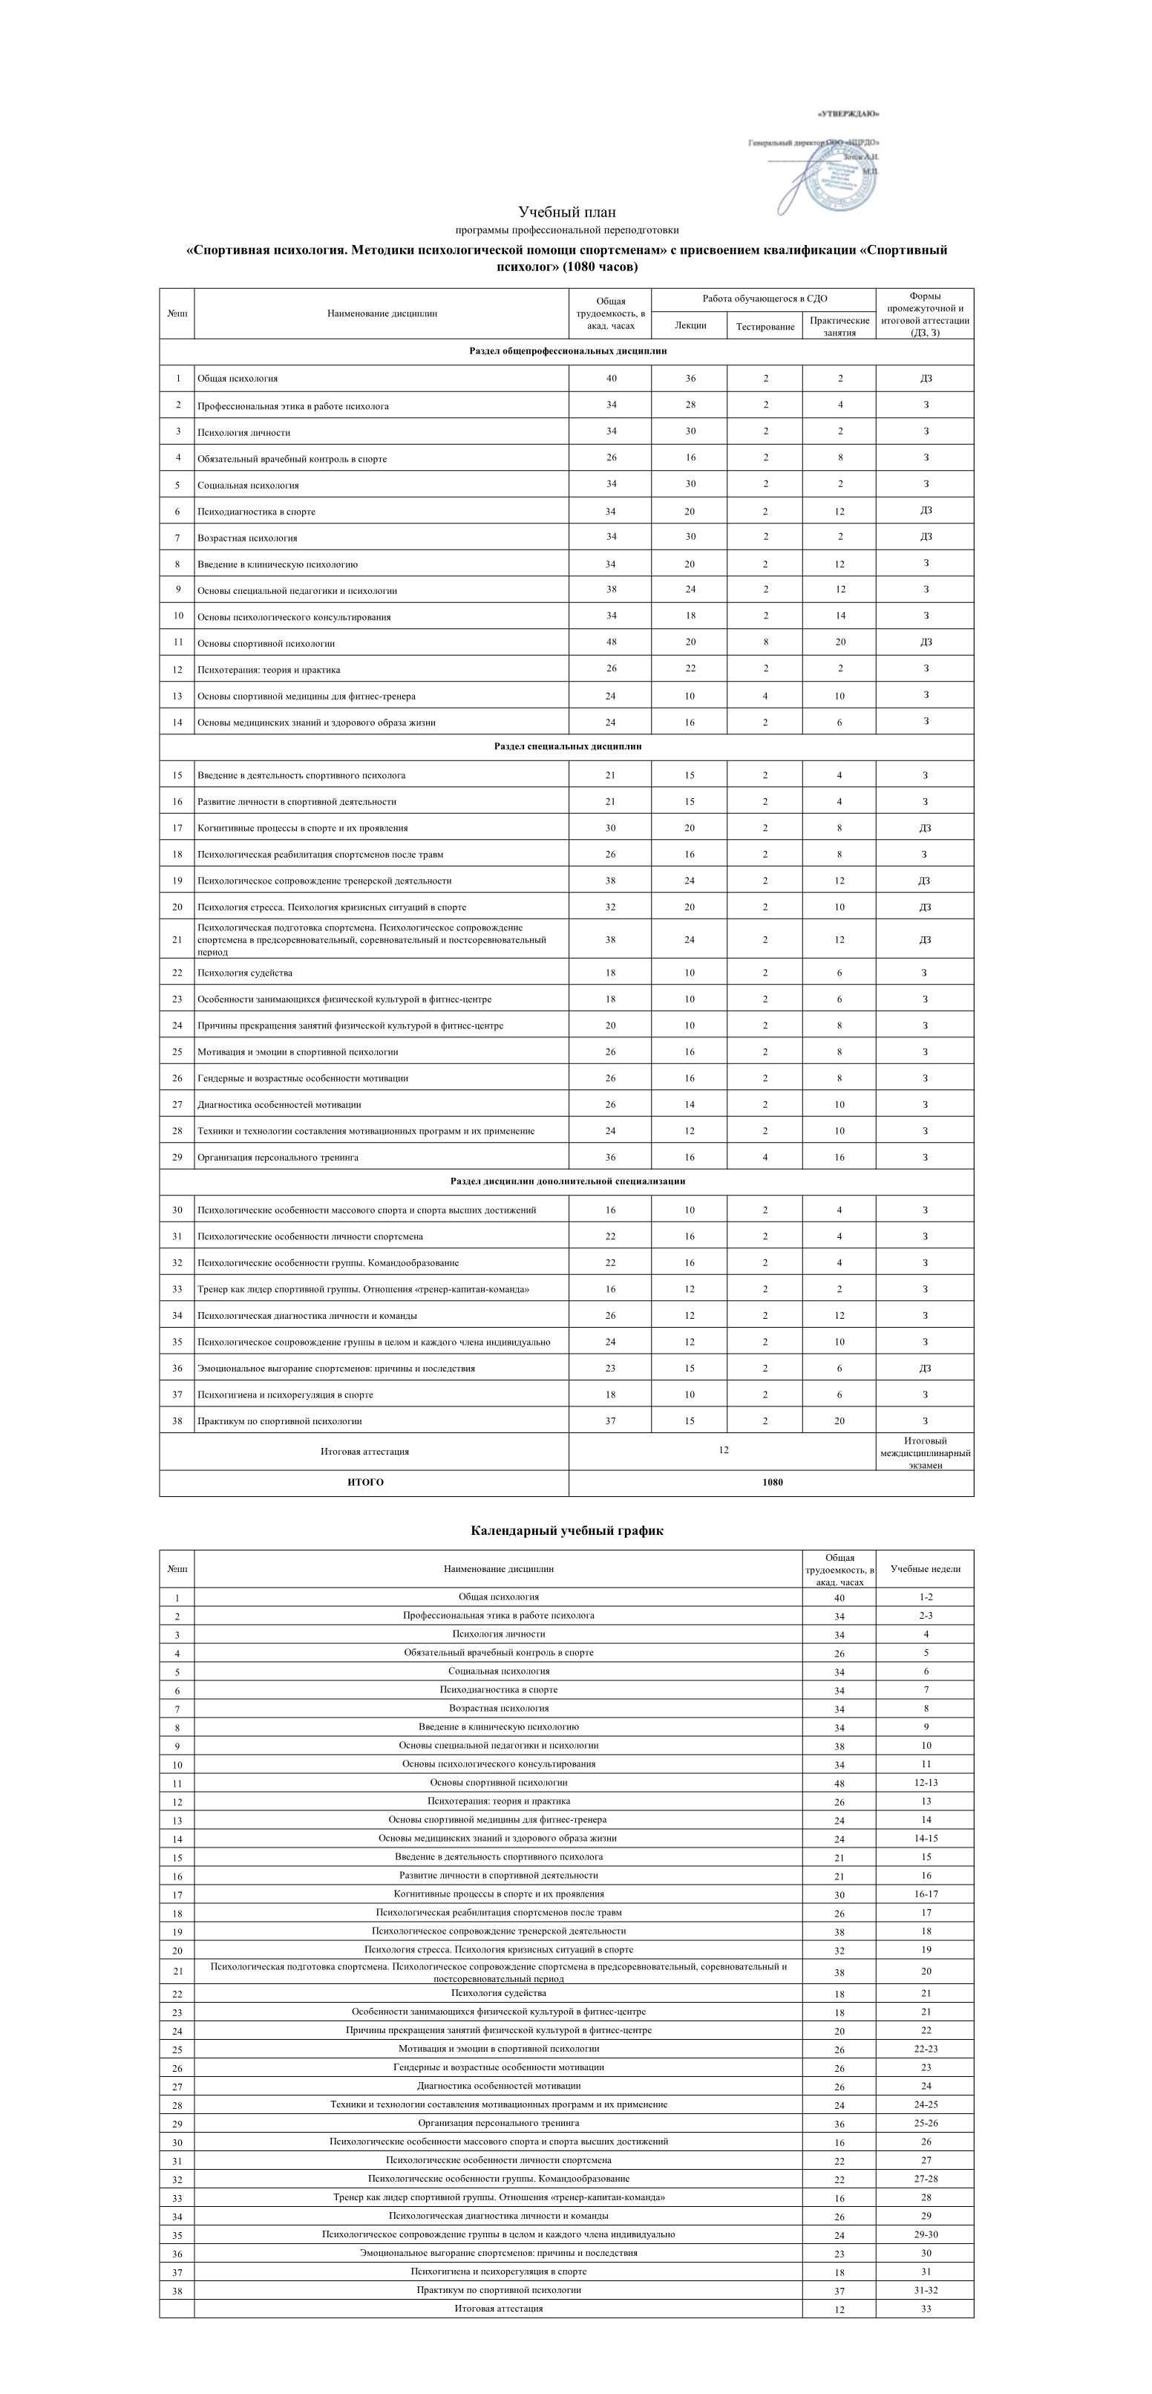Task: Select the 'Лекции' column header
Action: pos(690,325)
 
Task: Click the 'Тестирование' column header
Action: pos(765,326)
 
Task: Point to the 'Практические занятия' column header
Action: pos(839,326)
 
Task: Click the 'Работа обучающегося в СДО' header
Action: pos(764,299)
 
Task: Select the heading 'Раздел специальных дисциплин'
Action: pos(566,746)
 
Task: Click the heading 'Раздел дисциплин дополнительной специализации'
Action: pos(566,1181)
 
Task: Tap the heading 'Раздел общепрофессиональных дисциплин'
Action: pos(566,351)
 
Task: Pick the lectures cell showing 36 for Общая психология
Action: pos(690,378)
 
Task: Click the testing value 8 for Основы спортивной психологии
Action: pos(765,642)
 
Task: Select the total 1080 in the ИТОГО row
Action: pos(771,1482)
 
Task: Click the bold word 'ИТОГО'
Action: pos(364,1482)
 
